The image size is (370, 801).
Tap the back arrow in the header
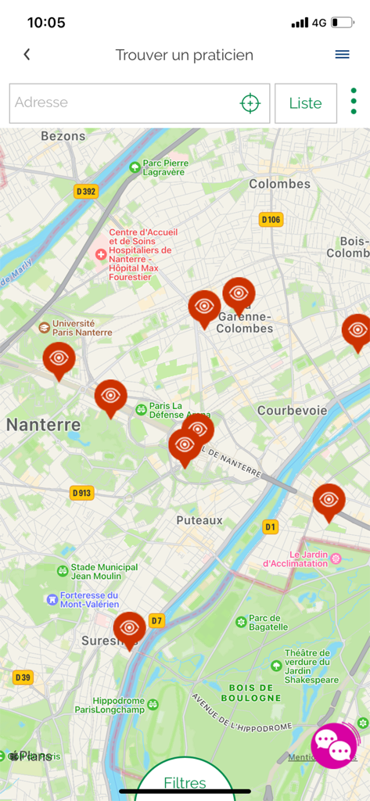coord(27,55)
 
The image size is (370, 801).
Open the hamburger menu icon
coord(342,55)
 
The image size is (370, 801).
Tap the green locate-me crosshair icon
coord(250,102)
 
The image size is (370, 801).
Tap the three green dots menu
coord(354,102)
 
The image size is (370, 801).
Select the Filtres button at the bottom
coord(185,782)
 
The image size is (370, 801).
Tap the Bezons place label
coord(63,136)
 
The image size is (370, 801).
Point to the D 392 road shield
coord(86,191)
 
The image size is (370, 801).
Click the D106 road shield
coord(271,220)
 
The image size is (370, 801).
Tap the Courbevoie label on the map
coord(292,411)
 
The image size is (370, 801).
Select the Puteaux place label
coord(199,520)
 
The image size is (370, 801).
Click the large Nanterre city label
coord(43,425)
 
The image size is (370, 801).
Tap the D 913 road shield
coord(81,493)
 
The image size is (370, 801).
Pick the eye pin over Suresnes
coord(129,627)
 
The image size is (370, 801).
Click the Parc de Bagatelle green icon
coord(241,622)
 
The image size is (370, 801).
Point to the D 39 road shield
coord(23,677)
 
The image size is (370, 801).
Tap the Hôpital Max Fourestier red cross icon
coord(101,254)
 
